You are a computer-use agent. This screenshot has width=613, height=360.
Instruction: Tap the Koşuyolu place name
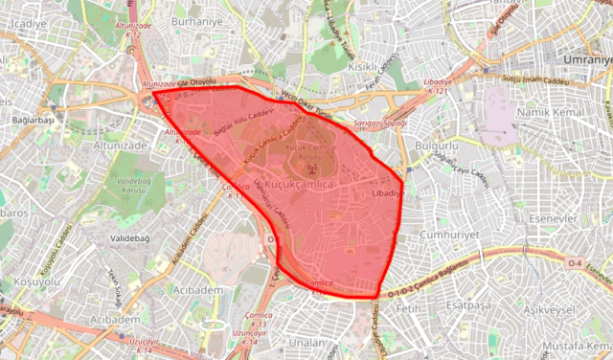click(32, 283)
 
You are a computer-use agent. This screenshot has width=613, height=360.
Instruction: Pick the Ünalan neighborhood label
click(308, 342)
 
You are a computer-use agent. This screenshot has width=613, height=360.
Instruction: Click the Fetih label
click(410, 309)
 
